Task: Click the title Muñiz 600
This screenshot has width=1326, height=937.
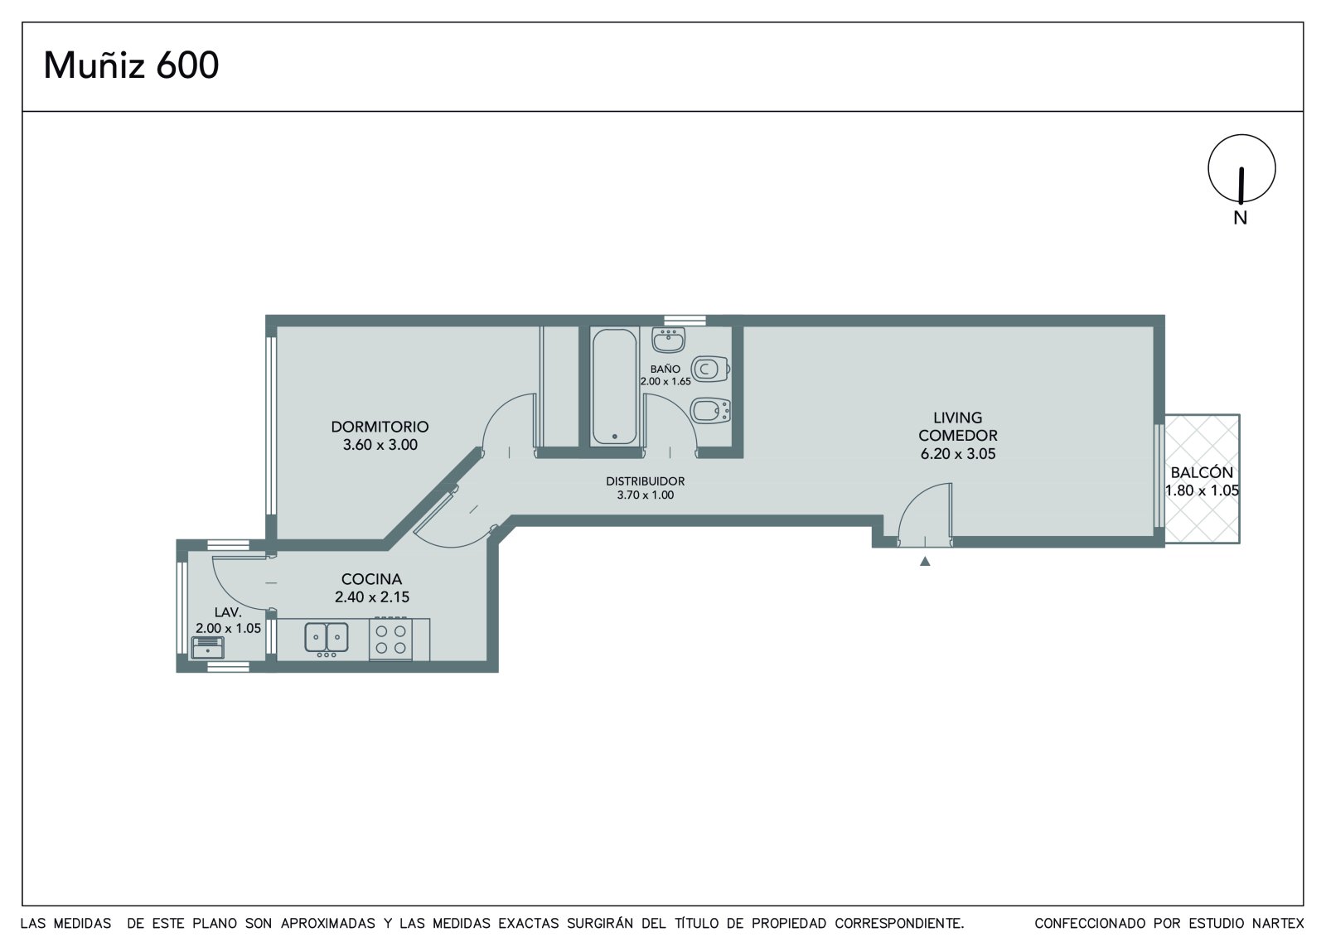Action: point(132,65)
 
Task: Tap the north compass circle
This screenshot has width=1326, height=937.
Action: point(1242,136)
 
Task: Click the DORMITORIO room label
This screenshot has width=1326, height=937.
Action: point(380,426)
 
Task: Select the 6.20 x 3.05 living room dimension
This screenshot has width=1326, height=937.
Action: point(958,454)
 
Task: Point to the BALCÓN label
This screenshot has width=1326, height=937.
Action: point(1202,472)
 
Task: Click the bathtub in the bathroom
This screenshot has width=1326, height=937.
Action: point(614,387)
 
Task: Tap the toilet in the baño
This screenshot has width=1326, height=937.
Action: point(710,369)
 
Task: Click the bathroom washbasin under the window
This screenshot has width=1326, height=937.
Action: point(668,341)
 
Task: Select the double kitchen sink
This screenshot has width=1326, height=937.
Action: point(327,638)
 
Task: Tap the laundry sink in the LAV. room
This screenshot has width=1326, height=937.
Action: point(208,648)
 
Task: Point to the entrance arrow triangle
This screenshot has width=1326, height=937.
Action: point(925,561)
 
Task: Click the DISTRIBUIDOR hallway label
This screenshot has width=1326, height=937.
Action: point(646,481)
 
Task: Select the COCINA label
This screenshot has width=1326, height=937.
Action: point(372,579)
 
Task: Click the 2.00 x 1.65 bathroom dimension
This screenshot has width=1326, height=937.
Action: point(665,381)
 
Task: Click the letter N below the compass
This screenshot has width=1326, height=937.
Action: point(1240,218)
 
